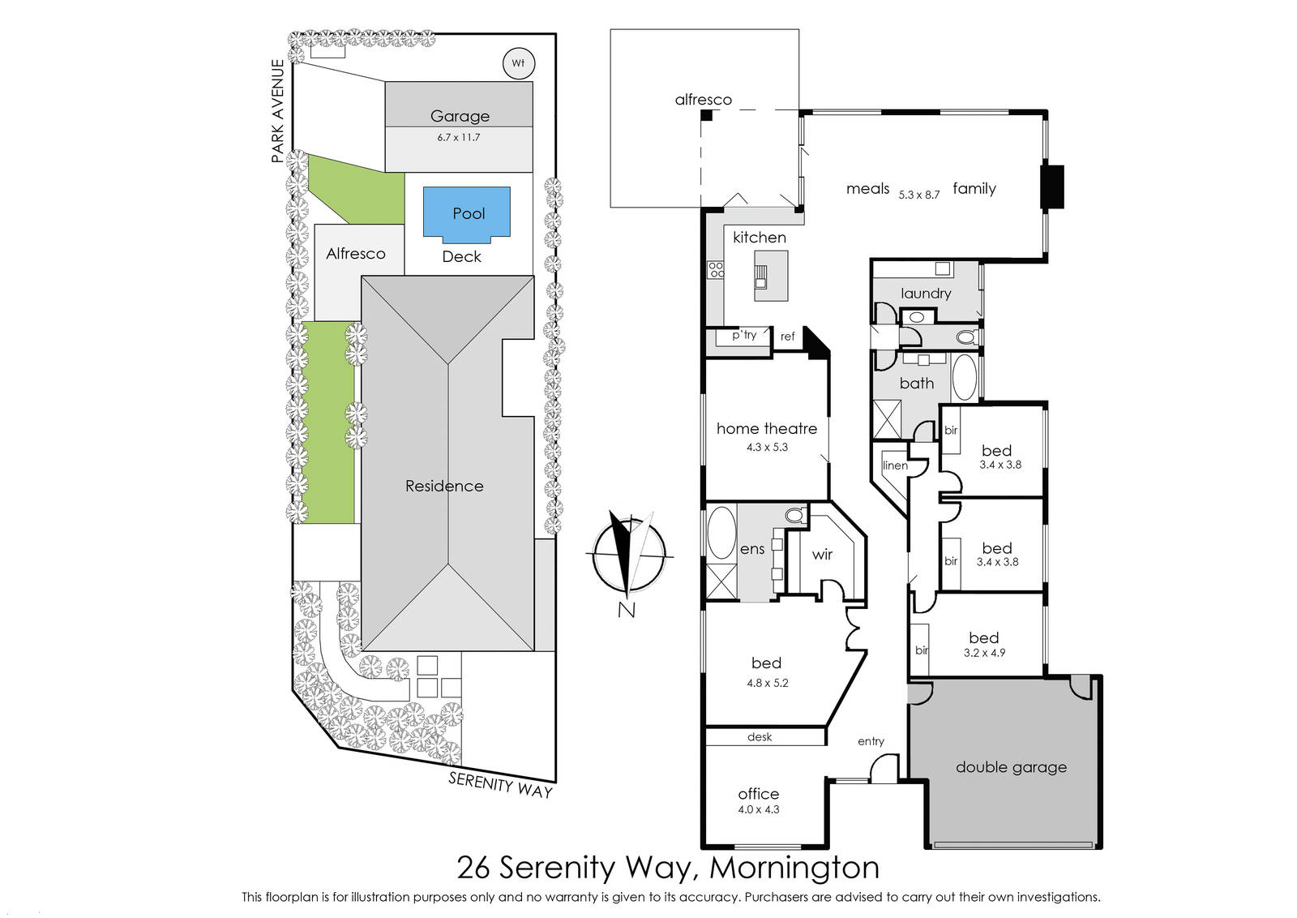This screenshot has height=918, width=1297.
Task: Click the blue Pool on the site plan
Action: [467, 214]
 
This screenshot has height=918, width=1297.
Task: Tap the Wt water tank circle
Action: [518, 63]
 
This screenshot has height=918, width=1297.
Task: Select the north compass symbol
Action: [629, 555]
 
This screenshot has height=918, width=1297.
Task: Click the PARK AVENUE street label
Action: [278, 110]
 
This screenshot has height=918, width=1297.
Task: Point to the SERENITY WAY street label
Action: [501, 785]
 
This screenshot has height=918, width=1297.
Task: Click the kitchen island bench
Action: [771, 276]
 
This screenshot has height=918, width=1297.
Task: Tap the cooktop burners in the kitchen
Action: [717, 270]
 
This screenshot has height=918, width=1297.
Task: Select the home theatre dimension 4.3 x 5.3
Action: [767, 447]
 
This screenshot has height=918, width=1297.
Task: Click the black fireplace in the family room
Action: [1052, 187]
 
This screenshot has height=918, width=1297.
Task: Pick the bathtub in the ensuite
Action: [721, 533]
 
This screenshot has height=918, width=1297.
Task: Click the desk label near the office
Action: [760, 736]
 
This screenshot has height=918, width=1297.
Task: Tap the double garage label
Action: [1011, 767]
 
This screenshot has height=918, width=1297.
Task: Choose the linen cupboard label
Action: [895, 465]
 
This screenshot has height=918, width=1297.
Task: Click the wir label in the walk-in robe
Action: [822, 554]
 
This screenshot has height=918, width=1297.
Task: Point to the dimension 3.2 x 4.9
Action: [984, 653]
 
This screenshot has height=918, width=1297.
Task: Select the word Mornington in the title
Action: [794, 868]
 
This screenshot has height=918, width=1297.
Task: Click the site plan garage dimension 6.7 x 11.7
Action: [459, 137]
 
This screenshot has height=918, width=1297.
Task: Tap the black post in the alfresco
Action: [706, 114]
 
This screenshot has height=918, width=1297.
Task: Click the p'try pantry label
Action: [744, 335]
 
